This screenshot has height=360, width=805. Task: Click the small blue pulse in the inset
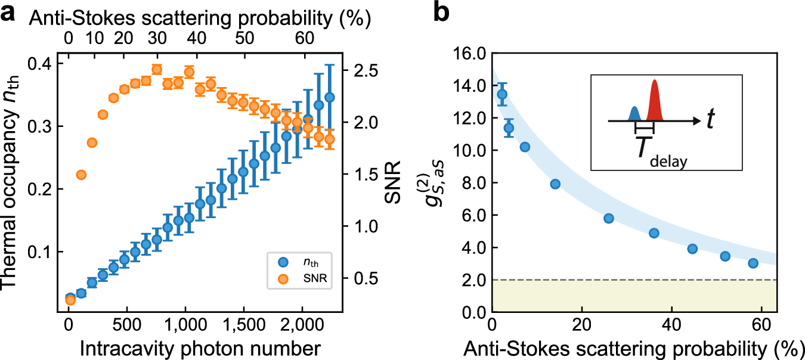(635, 113)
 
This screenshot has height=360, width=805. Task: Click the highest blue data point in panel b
(502, 94)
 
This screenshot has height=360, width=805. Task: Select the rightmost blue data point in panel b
(753, 263)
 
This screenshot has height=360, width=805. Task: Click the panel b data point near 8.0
(555, 184)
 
